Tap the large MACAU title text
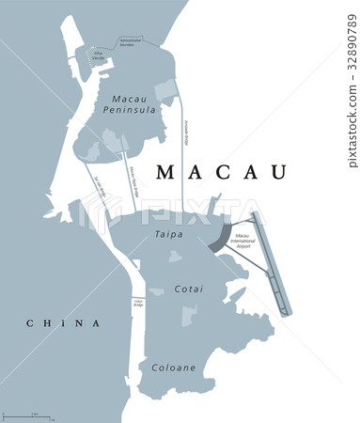point(222,171)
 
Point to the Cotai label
point(189,290)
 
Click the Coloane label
point(174,367)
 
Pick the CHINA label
point(63,323)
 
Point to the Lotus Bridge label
point(137,303)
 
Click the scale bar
point(27,415)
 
